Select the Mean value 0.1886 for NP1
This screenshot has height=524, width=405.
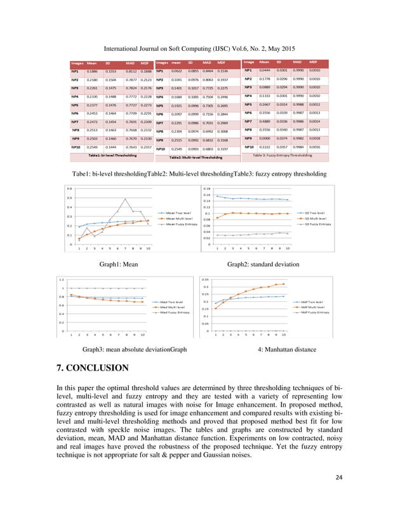pos(92,72)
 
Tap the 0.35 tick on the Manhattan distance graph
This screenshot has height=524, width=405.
pos(206,279)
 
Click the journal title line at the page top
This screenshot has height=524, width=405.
pos(201,48)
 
